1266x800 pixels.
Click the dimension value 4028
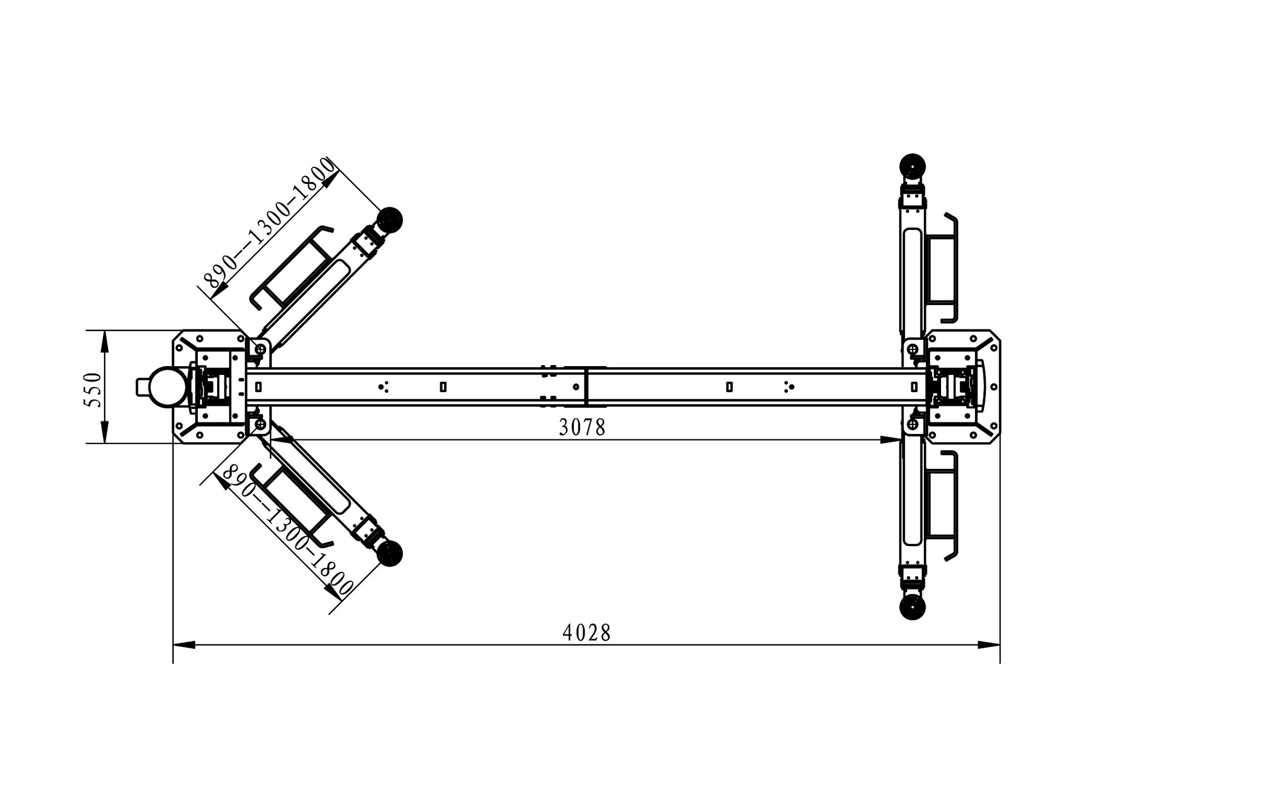(587, 633)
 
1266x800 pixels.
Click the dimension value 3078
(582, 427)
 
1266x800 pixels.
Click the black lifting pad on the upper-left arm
(390, 220)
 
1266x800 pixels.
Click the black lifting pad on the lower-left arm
(389, 554)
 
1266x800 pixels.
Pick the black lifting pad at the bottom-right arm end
(912, 607)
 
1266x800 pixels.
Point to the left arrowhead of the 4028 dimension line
(184, 645)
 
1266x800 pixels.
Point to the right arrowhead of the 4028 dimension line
(989, 645)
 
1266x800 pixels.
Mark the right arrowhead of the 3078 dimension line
(892, 440)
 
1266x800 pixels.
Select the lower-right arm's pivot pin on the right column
(912, 425)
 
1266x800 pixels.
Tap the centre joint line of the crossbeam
(587, 387)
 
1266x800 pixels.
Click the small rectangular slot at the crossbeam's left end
(258, 387)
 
